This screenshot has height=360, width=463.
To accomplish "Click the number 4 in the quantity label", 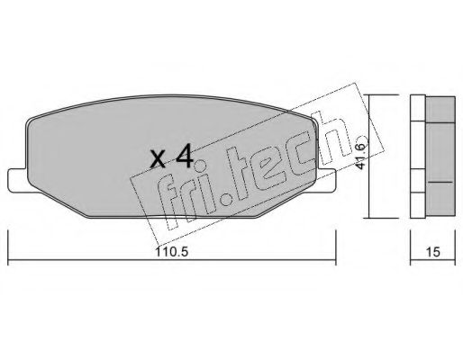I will [x=183, y=158].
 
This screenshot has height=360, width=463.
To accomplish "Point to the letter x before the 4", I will [x=158, y=161].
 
